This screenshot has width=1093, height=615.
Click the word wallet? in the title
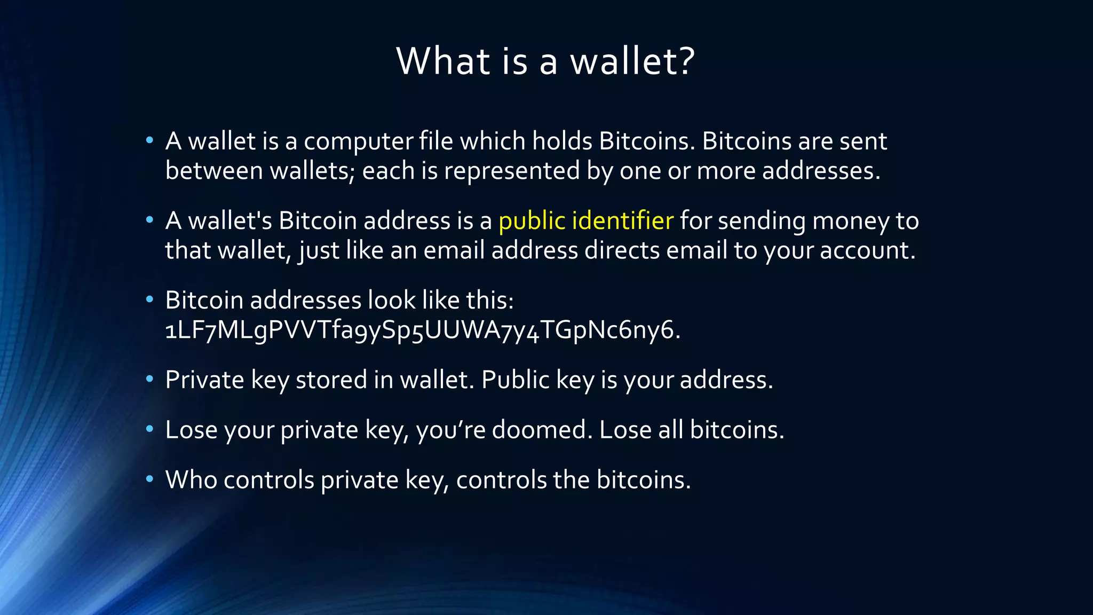[x=632, y=61]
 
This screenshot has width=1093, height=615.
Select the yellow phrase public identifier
[x=585, y=221]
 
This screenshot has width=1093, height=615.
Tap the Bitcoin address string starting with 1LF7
[x=422, y=330]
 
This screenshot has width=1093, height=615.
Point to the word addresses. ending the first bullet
[x=821, y=171]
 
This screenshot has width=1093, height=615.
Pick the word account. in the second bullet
[x=867, y=250]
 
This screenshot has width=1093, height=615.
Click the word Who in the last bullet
[x=191, y=480]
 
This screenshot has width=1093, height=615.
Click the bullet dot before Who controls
[x=150, y=478]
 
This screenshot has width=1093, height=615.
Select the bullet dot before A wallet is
[x=150, y=140]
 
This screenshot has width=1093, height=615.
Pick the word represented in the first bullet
[x=511, y=171]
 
